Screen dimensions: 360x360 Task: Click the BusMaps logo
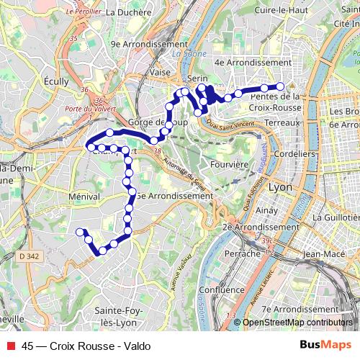321,345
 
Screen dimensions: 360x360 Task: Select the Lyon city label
280,186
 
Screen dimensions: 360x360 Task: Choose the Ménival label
83,195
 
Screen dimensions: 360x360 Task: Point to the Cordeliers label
295,153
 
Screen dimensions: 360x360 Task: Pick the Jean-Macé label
324,253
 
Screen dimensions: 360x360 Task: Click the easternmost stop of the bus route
281,86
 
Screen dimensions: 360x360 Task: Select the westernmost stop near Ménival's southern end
80,231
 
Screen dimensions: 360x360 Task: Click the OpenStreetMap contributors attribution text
297,323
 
